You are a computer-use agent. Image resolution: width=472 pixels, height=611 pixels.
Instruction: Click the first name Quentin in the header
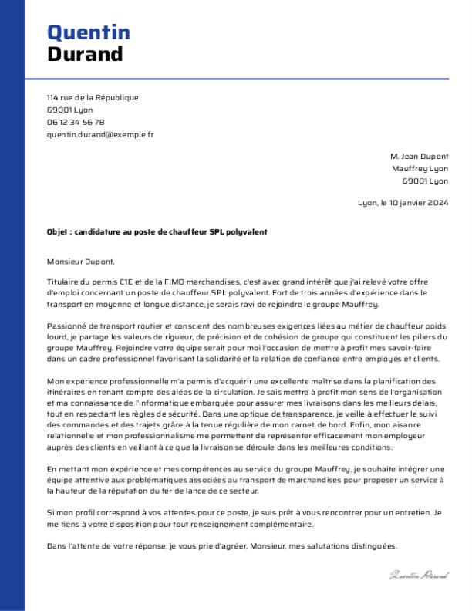click(x=89, y=32)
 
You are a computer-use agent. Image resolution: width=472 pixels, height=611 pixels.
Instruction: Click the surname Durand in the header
click(x=85, y=54)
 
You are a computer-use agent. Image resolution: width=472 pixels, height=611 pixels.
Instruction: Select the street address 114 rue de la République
click(x=93, y=98)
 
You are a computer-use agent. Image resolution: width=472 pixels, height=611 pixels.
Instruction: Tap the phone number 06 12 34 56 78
click(x=76, y=122)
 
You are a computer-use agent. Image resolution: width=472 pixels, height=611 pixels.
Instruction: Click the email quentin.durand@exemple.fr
click(x=100, y=134)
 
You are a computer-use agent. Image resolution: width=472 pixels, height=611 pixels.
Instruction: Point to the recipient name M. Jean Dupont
click(x=419, y=156)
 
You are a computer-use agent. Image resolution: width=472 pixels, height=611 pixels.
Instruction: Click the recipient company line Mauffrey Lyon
click(x=420, y=168)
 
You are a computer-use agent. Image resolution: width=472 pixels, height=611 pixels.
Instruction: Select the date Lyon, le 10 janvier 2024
click(x=403, y=204)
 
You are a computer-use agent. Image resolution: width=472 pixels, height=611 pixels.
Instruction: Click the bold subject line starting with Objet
click(x=157, y=232)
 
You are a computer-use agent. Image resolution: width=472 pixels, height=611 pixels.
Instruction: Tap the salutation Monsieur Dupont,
click(x=80, y=261)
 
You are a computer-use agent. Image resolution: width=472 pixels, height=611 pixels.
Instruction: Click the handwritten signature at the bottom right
click(x=419, y=575)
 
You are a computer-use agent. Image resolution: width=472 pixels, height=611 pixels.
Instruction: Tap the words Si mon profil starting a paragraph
click(x=69, y=513)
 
